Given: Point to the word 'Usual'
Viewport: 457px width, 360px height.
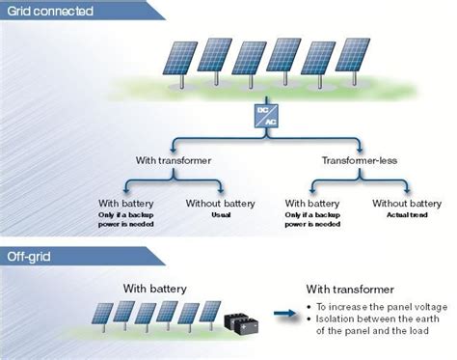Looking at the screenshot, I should pyautogui.click(x=223, y=214).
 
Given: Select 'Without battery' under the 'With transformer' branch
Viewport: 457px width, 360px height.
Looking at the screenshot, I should pyautogui.click(x=223, y=204).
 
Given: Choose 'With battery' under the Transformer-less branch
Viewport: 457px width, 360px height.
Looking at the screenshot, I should pyautogui.click(x=314, y=204).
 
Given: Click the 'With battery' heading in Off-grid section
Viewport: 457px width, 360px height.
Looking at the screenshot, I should pyautogui.click(x=155, y=288).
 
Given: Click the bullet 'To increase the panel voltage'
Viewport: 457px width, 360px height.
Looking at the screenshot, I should pyautogui.click(x=376, y=305).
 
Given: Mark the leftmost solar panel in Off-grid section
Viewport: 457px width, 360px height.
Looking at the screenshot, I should pyautogui.click(x=99, y=315).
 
